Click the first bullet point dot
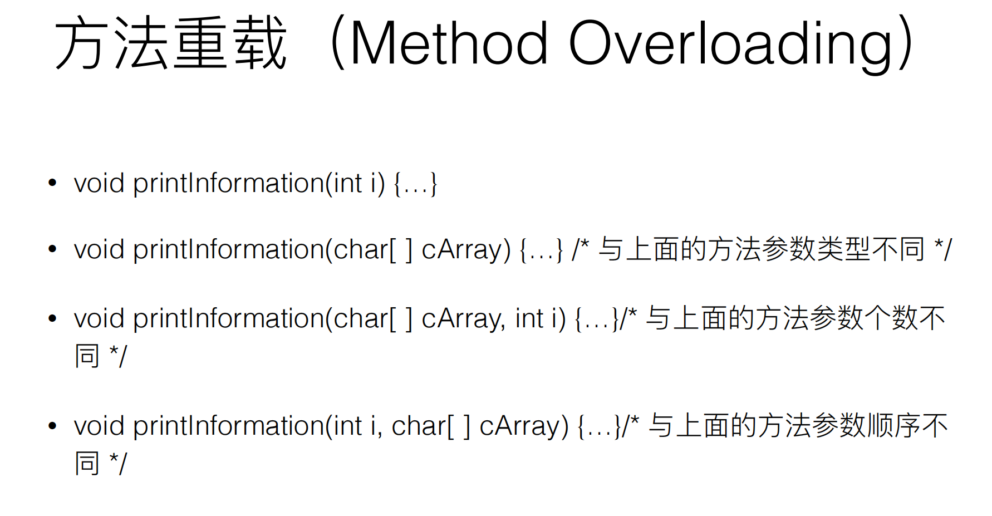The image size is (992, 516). pyautogui.click(x=53, y=183)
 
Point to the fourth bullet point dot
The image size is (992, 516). pyautogui.click(x=53, y=426)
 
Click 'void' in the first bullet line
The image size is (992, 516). pyautogui.click(x=99, y=183)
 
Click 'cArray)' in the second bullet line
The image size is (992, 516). pyautogui.click(x=466, y=250)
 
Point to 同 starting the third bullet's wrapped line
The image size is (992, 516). pyautogui.click(x=87, y=356)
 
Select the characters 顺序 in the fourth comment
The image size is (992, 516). pyautogui.click(x=893, y=426)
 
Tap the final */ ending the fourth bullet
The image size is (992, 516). pyautogui.click(x=118, y=463)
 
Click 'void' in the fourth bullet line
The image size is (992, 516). pyautogui.click(x=99, y=426)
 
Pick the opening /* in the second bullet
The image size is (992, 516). pyautogui.click(x=581, y=249)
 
